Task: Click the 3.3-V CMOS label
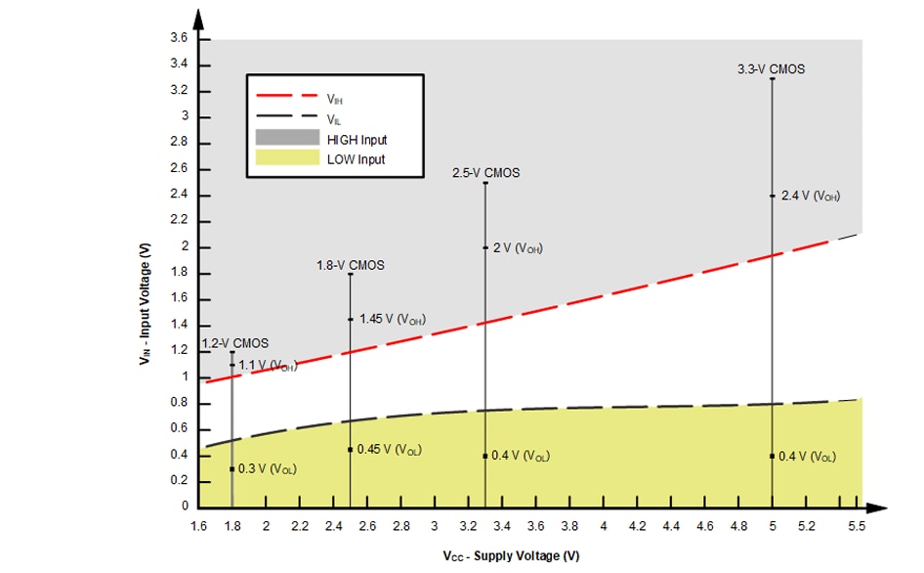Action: (772, 69)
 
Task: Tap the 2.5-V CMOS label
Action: (485, 173)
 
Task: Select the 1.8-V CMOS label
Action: (350, 265)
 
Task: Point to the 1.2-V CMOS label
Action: (234, 343)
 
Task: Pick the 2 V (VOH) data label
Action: (518, 248)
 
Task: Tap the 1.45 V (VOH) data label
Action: (393, 319)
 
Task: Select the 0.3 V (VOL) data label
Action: (268, 469)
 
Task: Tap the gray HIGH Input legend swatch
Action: (287, 139)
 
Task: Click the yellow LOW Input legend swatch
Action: (287, 158)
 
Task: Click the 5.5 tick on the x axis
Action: (858, 526)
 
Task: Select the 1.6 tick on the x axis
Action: (198, 526)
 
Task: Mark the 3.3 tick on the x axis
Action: (485, 526)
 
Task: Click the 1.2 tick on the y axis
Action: (180, 351)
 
